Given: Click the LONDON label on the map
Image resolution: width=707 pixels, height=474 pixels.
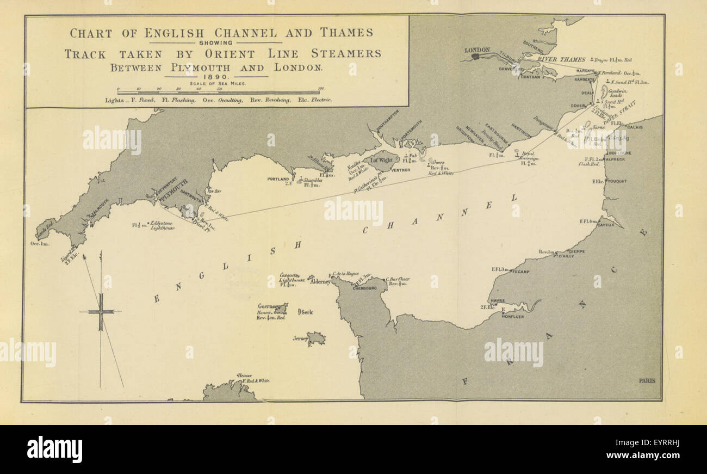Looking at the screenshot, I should (x=477, y=50).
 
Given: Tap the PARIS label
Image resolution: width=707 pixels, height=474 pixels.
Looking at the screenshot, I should (x=647, y=380).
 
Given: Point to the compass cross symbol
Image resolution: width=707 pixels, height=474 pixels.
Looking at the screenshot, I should (x=101, y=312).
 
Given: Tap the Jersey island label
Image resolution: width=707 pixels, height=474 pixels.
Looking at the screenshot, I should (x=300, y=338).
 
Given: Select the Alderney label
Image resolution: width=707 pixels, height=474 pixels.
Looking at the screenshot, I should (x=319, y=282).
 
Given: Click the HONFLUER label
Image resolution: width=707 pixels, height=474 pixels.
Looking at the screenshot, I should (x=513, y=316).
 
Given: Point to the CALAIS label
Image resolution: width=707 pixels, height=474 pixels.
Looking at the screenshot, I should (x=634, y=127).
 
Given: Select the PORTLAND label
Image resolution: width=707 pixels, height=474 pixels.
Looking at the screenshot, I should (x=278, y=179).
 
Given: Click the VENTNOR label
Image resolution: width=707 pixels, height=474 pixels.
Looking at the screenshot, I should (x=400, y=170).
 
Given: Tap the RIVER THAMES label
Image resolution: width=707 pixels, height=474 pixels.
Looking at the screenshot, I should (x=561, y=59).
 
